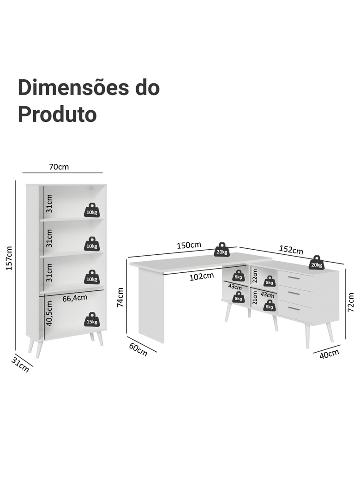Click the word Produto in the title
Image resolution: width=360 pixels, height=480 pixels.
[x=57, y=115]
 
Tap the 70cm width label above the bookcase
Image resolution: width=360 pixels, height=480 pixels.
[x=59, y=167]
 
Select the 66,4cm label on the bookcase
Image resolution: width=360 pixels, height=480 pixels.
[x=75, y=298]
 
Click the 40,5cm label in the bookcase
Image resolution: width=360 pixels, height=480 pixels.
[x=49, y=313]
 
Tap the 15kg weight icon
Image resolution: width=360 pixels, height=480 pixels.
[x=92, y=319]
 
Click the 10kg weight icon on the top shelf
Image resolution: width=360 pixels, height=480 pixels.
[x=92, y=210]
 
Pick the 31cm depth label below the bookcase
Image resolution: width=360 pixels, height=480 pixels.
[x=20, y=365]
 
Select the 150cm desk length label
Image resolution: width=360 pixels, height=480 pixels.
[x=189, y=245]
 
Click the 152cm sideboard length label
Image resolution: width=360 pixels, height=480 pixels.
[x=291, y=250]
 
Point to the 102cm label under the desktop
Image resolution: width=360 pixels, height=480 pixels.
[x=201, y=276]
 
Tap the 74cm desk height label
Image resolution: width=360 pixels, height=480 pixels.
[x=120, y=297]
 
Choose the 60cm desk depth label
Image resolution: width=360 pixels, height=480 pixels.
[x=138, y=349]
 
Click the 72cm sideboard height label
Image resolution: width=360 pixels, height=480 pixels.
[x=350, y=302]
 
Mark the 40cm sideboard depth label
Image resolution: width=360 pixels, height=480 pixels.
[x=329, y=354]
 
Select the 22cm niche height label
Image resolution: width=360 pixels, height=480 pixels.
[x=255, y=276]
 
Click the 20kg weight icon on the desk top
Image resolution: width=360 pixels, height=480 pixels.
[x=222, y=250]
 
